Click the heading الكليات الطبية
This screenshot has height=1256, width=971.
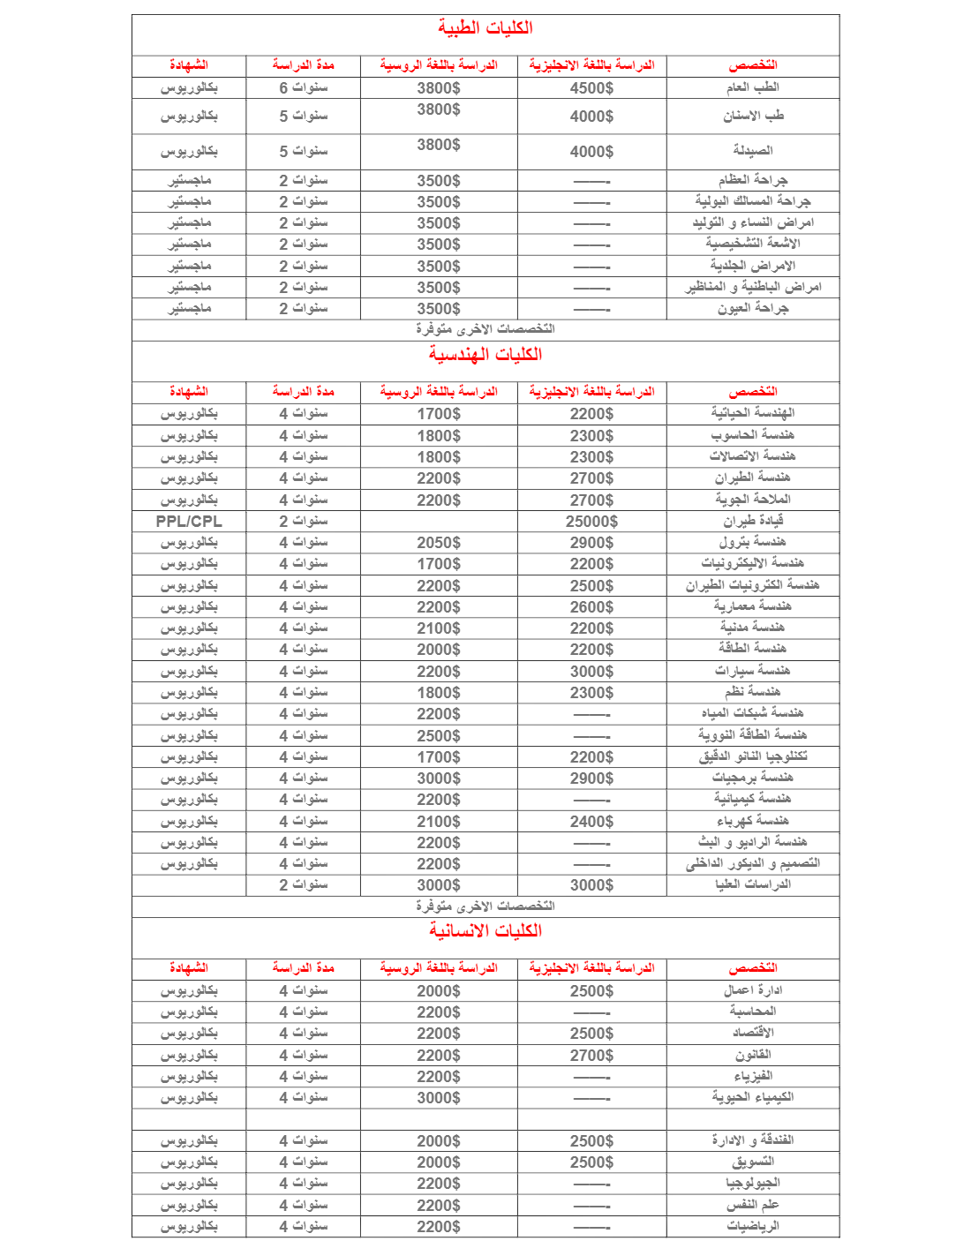tap(485, 28)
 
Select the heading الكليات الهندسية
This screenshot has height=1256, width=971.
tap(485, 355)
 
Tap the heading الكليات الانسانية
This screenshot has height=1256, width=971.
tap(485, 931)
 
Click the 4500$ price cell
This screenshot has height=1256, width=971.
tap(591, 88)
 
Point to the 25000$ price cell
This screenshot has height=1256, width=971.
tap(591, 522)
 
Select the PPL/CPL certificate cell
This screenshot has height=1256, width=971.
tap(189, 522)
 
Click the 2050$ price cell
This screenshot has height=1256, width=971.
tap(439, 543)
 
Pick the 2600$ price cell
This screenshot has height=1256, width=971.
tap(591, 607)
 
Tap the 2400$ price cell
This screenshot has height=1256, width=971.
tap(591, 822)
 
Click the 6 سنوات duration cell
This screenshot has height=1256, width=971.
tap(303, 88)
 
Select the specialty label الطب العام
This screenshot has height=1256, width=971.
tap(752, 87)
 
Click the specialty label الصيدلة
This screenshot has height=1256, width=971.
tap(752, 151)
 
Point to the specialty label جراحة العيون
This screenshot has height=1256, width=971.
tap(752, 308)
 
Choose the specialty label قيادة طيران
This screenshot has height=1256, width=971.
tap(752, 521)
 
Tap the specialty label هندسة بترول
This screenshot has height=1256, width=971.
tap(752, 542)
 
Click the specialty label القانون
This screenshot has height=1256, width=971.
tap(752, 1055)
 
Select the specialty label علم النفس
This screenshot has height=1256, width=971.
tap(752, 1205)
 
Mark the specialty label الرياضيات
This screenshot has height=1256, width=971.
tap(752, 1226)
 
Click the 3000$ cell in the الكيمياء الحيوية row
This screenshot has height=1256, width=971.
tap(439, 1098)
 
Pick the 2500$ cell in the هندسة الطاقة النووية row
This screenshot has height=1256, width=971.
tap(439, 736)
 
